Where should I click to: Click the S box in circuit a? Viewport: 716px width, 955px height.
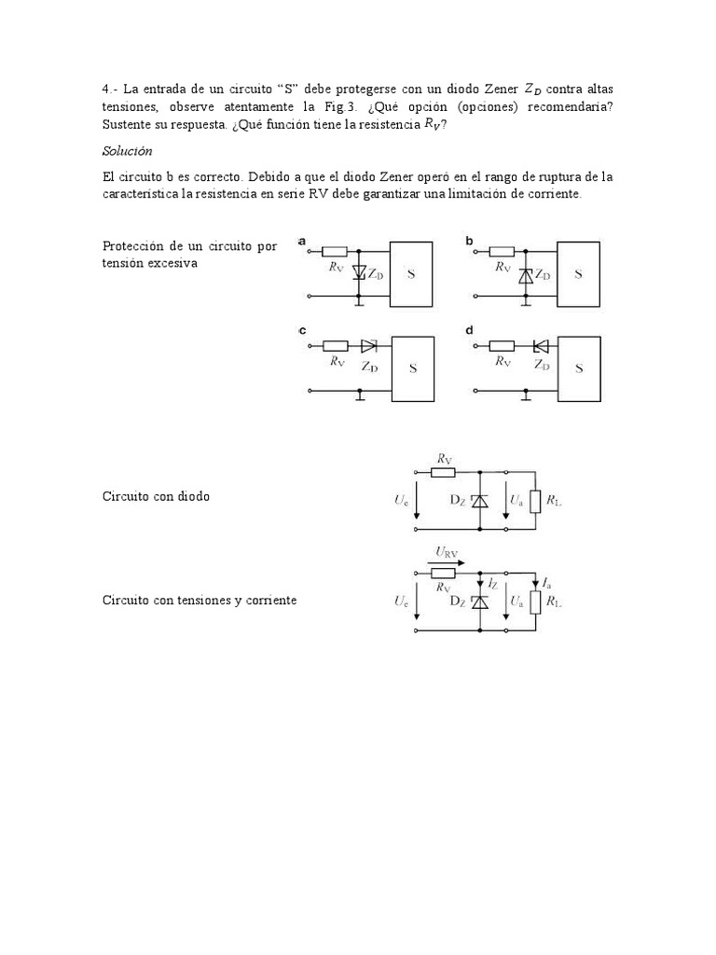[x=411, y=274]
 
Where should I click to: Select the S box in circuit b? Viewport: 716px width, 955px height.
[x=579, y=274]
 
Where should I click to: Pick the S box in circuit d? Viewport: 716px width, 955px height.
[x=579, y=368]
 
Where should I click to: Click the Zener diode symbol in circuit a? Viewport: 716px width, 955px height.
[x=360, y=273]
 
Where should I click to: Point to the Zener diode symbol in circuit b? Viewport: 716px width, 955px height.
[x=527, y=275]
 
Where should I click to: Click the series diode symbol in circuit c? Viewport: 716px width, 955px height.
[x=368, y=345]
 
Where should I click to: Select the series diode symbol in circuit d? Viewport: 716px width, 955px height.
[x=540, y=345]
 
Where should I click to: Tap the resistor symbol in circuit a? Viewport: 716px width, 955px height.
[x=335, y=252]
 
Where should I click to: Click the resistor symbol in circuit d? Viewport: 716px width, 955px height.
[x=502, y=345]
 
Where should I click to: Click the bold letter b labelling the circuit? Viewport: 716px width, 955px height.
[x=470, y=241]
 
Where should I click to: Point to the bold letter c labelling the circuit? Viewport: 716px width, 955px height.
[x=303, y=330]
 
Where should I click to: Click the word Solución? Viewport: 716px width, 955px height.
[x=126, y=150]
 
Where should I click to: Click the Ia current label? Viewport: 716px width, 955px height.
[x=546, y=582]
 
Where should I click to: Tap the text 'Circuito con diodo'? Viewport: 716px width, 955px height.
[x=156, y=496]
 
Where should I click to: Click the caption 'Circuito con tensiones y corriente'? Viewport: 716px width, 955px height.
[x=200, y=600]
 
